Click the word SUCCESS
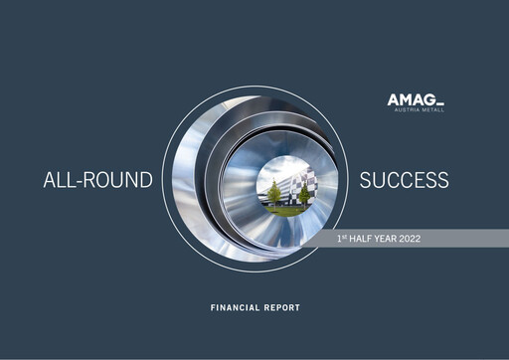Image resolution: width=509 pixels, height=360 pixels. coord(404,180)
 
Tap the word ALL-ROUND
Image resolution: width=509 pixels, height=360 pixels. coord(97,181)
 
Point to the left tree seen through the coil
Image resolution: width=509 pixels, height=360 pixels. coord(273,191)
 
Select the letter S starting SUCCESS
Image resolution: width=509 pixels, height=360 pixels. coord(365,180)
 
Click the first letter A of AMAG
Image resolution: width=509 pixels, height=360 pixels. coord(394,99)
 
